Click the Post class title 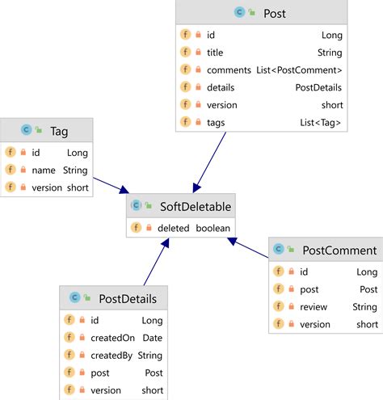pos(275,13)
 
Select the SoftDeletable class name pos(196,207)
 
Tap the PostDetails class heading pos(128,299)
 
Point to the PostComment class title pos(339,251)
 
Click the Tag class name pos(59,132)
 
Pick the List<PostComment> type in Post pos(299,70)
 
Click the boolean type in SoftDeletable pos(213,228)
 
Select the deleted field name pos(174,228)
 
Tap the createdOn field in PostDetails pos(112,338)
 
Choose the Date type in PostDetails pos(153,338)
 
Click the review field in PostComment pos(314,307)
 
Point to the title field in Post pos(215,53)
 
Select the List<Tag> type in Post pos(321,123)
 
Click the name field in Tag pos(44,171)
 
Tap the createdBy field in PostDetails pos(112,356)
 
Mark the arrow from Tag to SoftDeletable pos(111,185)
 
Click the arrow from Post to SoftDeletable pos(209,162)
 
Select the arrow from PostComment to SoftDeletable pos(248,247)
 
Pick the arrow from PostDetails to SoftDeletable pos(157,262)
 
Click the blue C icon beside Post pos(239,12)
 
